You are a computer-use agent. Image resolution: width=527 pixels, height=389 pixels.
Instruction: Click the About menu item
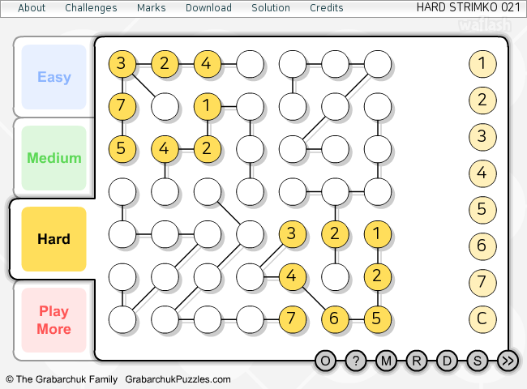coord(32,8)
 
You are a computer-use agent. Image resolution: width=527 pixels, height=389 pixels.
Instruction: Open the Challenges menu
coord(91,8)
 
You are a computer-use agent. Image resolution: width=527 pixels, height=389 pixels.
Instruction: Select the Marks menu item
coord(152,8)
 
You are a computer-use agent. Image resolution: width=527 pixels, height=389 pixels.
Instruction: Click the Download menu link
coord(208,8)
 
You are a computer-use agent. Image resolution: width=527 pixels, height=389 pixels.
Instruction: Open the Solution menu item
coord(271,8)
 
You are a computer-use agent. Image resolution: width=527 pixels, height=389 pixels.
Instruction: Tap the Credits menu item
coord(327,8)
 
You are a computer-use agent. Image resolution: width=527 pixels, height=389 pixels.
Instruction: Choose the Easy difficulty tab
coord(54,77)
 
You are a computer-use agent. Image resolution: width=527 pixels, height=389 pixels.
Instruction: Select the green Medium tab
coord(54,158)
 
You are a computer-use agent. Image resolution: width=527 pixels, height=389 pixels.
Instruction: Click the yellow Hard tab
coord(54,239)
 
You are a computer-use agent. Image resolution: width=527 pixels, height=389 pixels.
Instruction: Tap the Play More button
coord(54,320)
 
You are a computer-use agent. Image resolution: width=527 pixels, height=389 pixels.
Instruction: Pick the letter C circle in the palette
coord(482,318)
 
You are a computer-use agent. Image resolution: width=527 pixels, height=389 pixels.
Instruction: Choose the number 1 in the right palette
coord(482,63)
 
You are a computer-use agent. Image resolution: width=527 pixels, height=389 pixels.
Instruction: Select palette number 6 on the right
coord(482,246)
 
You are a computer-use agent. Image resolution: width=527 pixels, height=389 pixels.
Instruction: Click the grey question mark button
coord(356,361)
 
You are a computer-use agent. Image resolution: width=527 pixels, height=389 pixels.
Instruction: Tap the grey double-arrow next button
coord(508,361)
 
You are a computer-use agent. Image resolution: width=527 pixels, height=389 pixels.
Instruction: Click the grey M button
coord(386,361)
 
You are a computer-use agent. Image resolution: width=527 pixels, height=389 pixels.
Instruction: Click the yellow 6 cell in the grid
coord(335,318)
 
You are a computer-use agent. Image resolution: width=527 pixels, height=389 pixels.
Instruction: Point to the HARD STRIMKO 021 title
coord(469,7)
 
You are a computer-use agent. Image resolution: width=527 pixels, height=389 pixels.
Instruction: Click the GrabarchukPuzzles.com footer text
coord(178,379)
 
